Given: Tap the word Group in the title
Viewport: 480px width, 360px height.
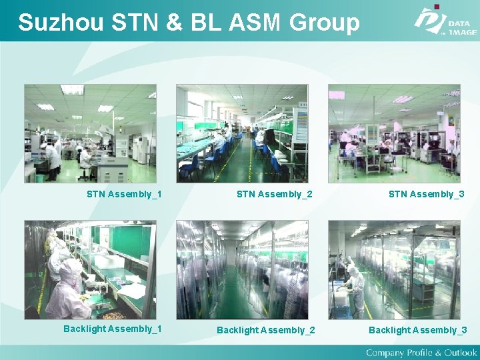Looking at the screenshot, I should [325, 23].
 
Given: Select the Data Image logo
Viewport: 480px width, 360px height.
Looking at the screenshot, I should [445, 21].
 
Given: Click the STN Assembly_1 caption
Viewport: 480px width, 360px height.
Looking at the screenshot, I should [124, 195].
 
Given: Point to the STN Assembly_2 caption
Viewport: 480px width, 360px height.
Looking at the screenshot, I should [275, 195].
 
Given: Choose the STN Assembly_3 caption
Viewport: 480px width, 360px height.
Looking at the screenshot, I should [427, 195].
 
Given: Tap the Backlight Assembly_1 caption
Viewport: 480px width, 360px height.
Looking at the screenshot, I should [113, 329].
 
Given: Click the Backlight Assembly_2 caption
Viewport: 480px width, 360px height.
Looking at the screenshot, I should [266, 330].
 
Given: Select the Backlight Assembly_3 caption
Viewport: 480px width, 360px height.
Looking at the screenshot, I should [418, 330].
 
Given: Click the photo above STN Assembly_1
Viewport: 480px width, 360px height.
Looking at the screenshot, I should [90, 133].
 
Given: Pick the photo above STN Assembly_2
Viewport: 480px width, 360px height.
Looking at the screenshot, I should [242, 133].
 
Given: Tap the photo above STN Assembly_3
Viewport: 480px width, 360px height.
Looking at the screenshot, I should [394, 133].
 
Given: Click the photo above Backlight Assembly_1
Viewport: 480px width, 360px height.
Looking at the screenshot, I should [90, 270].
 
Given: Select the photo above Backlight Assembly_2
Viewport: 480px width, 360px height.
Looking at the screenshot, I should [242, 270].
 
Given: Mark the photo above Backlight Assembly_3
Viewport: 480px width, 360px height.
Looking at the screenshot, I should [394, 270].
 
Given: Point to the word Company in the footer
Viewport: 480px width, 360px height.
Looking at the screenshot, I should [385, 352].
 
